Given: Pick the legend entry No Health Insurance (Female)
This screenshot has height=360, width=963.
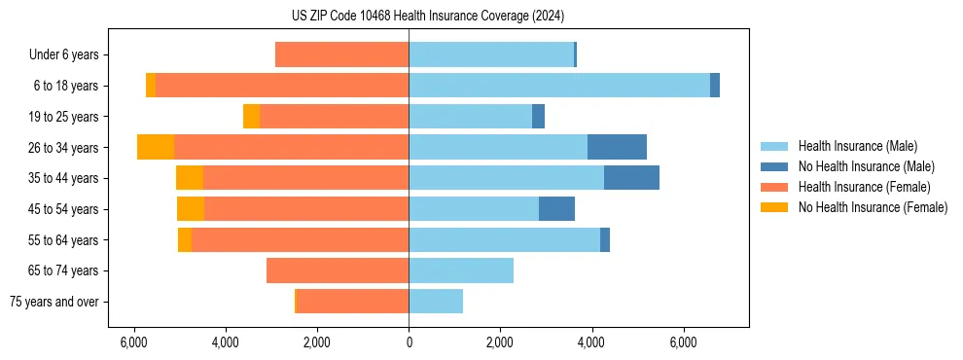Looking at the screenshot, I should [x=873, y=207].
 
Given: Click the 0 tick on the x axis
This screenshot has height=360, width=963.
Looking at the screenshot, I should [x=409, y=342].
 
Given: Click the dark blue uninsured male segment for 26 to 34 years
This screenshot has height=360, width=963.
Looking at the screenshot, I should [x=617, y=147].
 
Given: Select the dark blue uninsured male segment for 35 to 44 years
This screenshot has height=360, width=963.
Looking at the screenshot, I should [x=631, y=178].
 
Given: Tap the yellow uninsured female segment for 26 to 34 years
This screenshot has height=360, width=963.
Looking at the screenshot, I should [x=156, y=147].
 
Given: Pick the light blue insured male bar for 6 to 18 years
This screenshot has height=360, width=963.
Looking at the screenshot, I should [x=559, y=86].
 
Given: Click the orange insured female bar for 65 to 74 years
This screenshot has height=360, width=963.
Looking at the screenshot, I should [x=338, y=270].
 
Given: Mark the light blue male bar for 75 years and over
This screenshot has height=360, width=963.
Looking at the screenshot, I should [x=436, y=302].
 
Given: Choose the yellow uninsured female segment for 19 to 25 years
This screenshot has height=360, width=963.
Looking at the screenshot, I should [x=251, y=117].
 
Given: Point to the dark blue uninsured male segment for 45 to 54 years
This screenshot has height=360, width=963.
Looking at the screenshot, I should [x=556, y=209].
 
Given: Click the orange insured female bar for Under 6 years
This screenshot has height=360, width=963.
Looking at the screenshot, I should [x=341, y=54].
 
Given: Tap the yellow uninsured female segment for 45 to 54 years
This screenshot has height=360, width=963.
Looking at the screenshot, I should [x=191, y=209].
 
